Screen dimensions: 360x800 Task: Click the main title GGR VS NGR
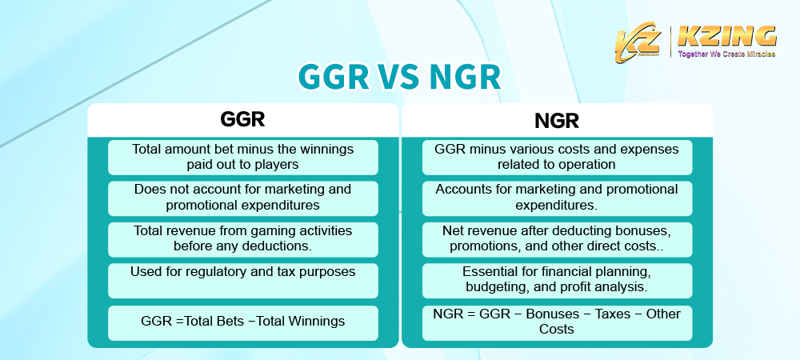399,78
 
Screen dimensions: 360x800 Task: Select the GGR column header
242,120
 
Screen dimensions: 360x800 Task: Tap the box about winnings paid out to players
242,157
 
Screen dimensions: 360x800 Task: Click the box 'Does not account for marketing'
242,198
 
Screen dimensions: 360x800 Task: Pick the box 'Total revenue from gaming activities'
242,238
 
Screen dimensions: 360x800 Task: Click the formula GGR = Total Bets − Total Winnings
242,322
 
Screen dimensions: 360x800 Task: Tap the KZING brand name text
726,37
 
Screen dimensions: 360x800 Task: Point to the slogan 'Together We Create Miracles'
726,55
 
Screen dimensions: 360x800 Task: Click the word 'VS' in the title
399,78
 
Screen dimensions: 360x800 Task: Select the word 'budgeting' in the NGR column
498,286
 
